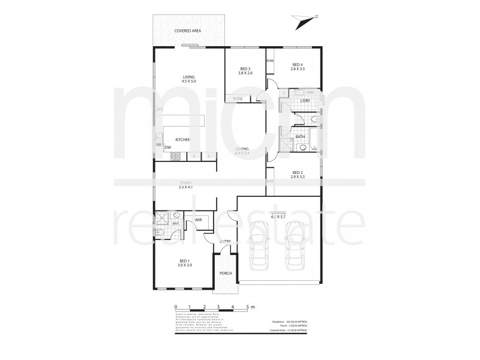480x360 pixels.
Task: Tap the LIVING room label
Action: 190,76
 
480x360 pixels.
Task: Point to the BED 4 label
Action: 298,65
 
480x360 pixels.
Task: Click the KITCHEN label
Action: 182,140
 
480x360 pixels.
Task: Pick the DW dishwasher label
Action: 160,146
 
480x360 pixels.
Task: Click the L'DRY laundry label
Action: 304,100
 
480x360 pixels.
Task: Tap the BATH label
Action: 300,136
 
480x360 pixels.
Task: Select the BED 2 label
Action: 298,173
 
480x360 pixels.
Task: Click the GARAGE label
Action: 278,213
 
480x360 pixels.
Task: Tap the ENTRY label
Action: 225,241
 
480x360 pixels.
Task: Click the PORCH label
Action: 226,273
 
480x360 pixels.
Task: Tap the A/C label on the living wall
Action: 160,109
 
